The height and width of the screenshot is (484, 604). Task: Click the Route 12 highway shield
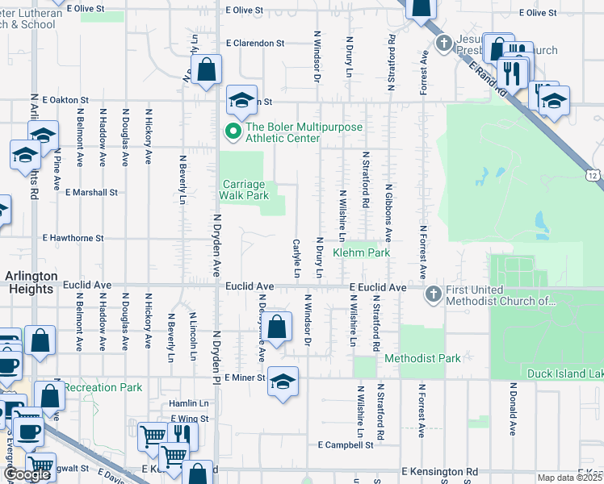click(594, 175)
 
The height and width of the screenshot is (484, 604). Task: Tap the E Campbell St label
click(346, 444)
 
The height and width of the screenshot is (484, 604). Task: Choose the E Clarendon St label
click(256, 43)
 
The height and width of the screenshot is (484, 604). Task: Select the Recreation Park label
click(103, 388)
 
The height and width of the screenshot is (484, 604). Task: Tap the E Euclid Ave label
click(378, 287)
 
